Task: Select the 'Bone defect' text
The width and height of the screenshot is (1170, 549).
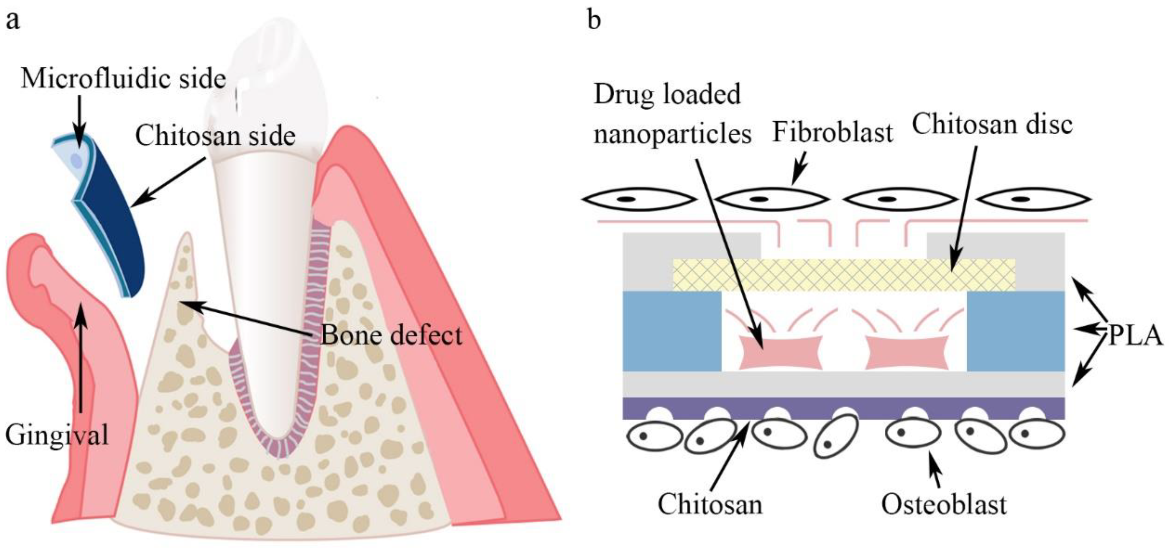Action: [391, 335]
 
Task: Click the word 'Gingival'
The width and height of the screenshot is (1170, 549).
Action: [57, 435]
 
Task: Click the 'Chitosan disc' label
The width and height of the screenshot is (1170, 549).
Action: [992, 124]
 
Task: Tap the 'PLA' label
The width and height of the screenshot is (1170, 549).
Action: [1135, 336]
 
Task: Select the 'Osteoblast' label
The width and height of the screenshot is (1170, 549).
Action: [944, 504]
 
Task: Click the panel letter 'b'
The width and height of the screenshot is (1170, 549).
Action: [594, 20]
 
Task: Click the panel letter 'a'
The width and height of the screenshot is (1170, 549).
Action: [13, 21]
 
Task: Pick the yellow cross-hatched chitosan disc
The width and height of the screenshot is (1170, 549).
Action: [844, 275]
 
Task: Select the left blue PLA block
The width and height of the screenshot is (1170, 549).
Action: [671, 331]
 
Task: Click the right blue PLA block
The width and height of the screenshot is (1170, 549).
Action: [1016, 331]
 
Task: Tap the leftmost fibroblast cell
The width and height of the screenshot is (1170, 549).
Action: [638, 199]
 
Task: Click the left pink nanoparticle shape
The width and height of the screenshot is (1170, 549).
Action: [780, 352]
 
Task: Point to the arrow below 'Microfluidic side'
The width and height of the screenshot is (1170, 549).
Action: [79, 120]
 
